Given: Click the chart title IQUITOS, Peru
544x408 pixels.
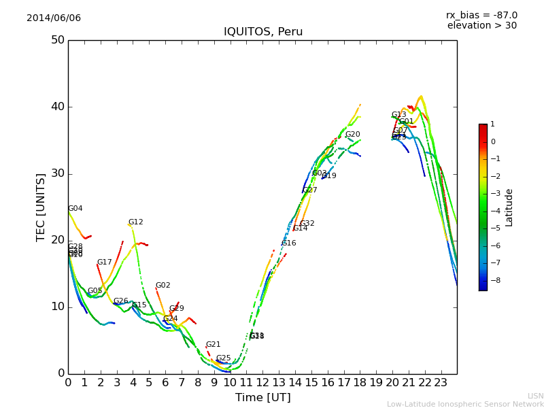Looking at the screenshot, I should click(x=263, y=32).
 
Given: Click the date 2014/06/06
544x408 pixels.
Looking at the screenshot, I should click(x=54, y=18).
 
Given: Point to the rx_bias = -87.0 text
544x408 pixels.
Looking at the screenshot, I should click(x=481, y=15).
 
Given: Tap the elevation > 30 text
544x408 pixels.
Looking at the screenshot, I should click(x=481, y=26).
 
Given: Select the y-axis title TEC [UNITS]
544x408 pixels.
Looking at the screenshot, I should click(x=41, y=207).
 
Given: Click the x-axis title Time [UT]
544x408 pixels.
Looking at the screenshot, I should click(x=262, y=397).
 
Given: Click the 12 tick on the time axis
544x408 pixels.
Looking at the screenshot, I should click(x=262, y=382).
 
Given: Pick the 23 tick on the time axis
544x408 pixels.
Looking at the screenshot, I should click(x=441, y=382).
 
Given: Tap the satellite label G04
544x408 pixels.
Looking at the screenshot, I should click(x=75, y=209).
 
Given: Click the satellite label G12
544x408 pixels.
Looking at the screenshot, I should click(x=135, y=222).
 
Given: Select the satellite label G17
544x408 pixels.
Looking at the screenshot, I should click(x=104, y=262).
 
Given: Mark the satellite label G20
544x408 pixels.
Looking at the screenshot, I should click(x=352, y=135).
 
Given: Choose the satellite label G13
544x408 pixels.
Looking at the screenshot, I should click(x=398, y=115).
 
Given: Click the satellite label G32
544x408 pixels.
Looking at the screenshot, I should click(x=307, y=224).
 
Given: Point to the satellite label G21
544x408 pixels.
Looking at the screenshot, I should click(x=213, y=345).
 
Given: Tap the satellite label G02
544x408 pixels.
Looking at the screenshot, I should click(x=163, y=286).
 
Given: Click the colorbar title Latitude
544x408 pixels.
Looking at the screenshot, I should click(x=509, y=207).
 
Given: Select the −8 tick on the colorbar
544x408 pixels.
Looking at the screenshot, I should click(x=492, y=279).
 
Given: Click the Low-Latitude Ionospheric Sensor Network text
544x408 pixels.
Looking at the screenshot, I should click(x=465, y=404).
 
